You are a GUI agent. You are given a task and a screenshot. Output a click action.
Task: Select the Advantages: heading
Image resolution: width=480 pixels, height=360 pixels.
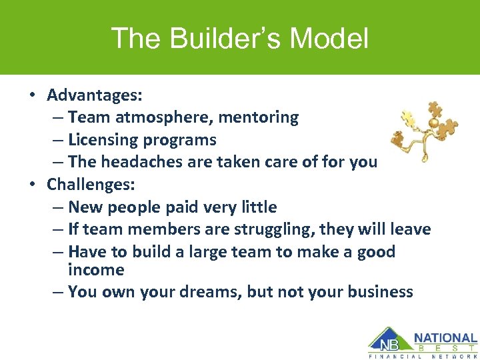tap(95, 95)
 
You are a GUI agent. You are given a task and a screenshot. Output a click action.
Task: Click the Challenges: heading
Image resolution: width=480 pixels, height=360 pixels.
tap(93, 185)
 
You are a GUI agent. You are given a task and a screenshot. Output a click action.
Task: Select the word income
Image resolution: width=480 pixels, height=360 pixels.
tap(96, 270)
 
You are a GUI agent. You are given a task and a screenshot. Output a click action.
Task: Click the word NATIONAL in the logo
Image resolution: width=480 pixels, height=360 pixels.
tap(445, 338)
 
